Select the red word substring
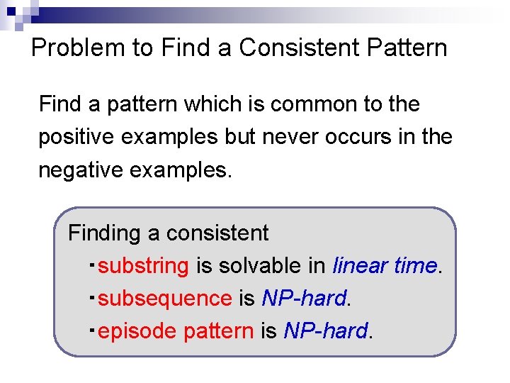pos(144,266)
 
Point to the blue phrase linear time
pos(385,265)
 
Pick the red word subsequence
pos(165,298)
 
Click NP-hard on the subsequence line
pos(304,298)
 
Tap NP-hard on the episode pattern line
pos(326,331)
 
